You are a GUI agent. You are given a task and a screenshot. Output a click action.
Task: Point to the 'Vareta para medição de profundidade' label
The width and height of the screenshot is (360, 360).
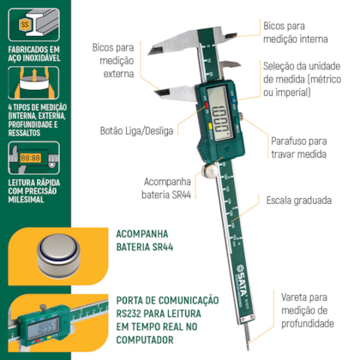306,308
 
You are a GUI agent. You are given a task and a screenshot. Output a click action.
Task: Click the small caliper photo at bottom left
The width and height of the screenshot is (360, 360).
51,324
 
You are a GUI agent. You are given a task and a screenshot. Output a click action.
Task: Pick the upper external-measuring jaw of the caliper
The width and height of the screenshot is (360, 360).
171,43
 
